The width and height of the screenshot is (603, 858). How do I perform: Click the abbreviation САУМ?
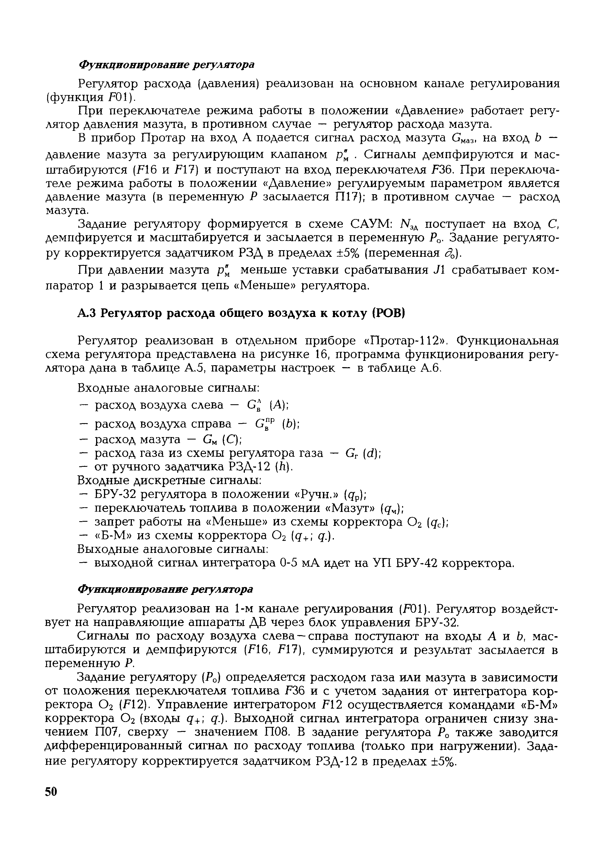(370, 224)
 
